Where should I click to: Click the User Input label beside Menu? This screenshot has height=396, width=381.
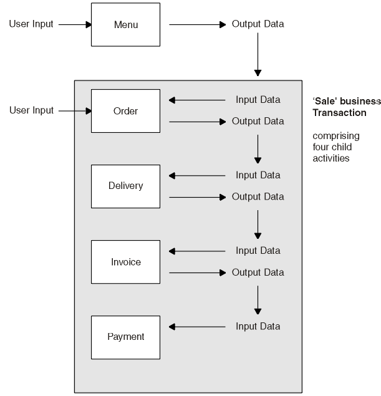point(31,25)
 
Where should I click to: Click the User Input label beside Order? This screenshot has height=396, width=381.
point(31,111)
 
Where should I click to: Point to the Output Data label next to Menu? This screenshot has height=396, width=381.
point(258,25)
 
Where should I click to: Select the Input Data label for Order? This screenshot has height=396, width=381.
point(258,100)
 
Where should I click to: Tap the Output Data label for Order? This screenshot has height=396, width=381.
point(258,121)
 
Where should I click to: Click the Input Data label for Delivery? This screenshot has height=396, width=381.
point(258,175)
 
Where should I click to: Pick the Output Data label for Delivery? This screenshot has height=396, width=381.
point(258,197)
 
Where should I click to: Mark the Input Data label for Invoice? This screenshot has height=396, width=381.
point(258,251)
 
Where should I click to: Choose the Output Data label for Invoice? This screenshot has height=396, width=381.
point(258,273)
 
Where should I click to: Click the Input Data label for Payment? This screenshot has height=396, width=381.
point(258,326)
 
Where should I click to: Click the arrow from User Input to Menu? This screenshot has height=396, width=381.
point(75,25)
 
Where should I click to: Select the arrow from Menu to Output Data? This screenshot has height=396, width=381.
point(197,25)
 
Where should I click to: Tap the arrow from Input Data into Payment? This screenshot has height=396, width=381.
point(197,326)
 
